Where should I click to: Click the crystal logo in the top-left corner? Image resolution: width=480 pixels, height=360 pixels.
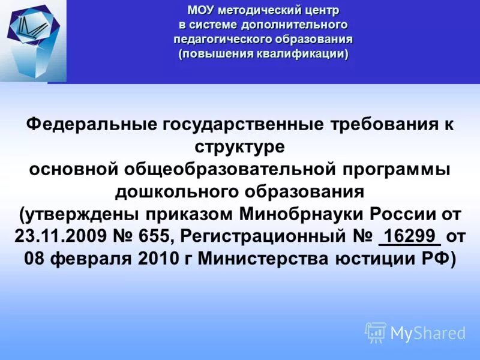click(33, 39)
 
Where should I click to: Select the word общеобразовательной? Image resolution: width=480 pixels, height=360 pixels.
click(232, 170)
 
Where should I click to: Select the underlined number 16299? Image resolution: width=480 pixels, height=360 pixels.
click(410, 236)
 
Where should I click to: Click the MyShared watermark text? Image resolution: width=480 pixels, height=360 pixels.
click(427, 332)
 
